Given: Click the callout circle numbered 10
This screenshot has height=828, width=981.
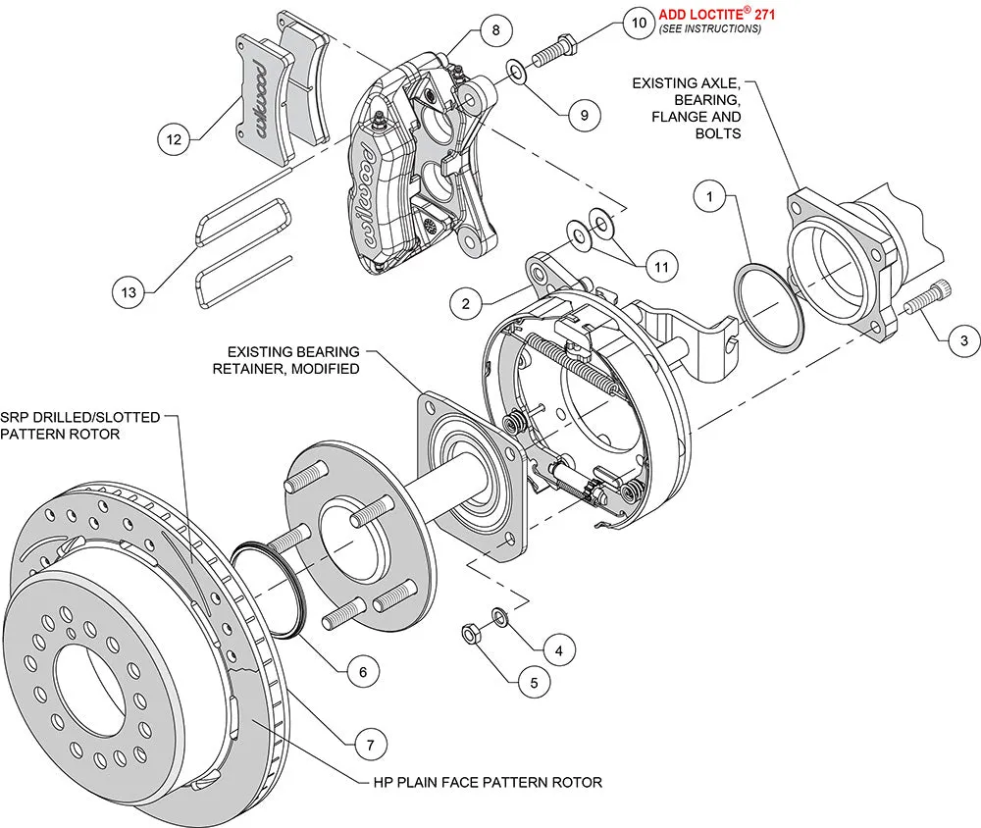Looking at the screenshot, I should tap(639, 22).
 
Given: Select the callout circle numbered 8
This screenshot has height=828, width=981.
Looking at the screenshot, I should tap(496, 29).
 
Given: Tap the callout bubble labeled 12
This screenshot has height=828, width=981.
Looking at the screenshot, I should tap(174, 140).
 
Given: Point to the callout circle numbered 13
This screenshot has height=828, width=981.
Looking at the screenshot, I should tap(129, 290).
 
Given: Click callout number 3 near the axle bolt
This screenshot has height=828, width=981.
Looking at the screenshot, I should tap(963, 340).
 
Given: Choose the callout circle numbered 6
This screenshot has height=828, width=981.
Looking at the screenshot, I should tap(362, 672).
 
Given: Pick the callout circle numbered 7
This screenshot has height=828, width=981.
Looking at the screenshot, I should tap(369, 745).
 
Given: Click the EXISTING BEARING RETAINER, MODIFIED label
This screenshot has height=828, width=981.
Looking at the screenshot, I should tap(293, 359).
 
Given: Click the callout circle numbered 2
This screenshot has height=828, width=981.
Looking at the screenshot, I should tap(467, 303).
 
